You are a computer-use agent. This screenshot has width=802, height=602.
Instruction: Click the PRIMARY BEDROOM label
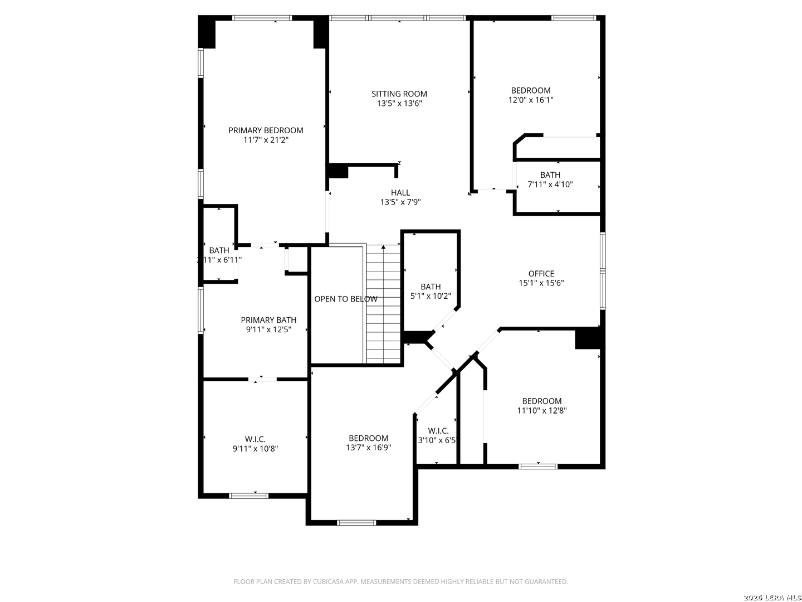(x=266, y=130)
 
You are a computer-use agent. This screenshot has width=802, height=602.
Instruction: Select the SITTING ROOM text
(x=399, y=94)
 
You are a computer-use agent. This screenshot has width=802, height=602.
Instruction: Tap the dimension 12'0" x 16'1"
(x=531, y=100)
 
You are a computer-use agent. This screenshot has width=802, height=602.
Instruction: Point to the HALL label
(x=400, y=193)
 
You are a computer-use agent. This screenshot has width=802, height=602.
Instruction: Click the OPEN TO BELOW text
(x=346, y=299)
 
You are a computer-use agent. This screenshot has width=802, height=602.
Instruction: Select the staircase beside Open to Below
(x=383, y=304)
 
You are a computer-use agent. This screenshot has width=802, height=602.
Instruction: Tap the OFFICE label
(x=541, y=274)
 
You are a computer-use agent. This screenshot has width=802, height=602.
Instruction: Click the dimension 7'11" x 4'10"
(x=550, y=185)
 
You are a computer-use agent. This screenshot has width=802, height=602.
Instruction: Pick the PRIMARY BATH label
(x=268, y=320)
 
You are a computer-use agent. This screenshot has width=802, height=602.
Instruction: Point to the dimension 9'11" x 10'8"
(x=255, y=449)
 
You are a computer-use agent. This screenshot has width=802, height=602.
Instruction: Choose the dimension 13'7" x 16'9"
(x=369, y=448)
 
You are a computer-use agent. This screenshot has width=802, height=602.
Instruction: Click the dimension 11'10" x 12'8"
(x=542, y=411)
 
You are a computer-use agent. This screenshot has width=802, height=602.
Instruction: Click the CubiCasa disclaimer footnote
(x=400, y=581)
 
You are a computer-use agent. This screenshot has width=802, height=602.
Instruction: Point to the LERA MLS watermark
(x=772, y=598)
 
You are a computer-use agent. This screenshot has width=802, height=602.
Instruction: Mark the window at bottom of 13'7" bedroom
(x=356, y=522)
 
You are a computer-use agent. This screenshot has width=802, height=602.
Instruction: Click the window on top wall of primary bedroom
(x=262, y=18)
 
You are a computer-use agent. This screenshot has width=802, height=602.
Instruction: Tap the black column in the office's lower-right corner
(x=588, y=338)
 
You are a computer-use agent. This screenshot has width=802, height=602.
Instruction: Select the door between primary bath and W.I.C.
(x=262, y=380)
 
